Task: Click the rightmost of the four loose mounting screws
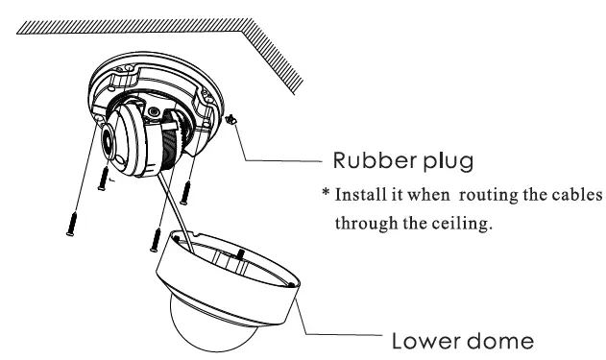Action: pos(190,189)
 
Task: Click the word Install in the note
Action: pos(367,196)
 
